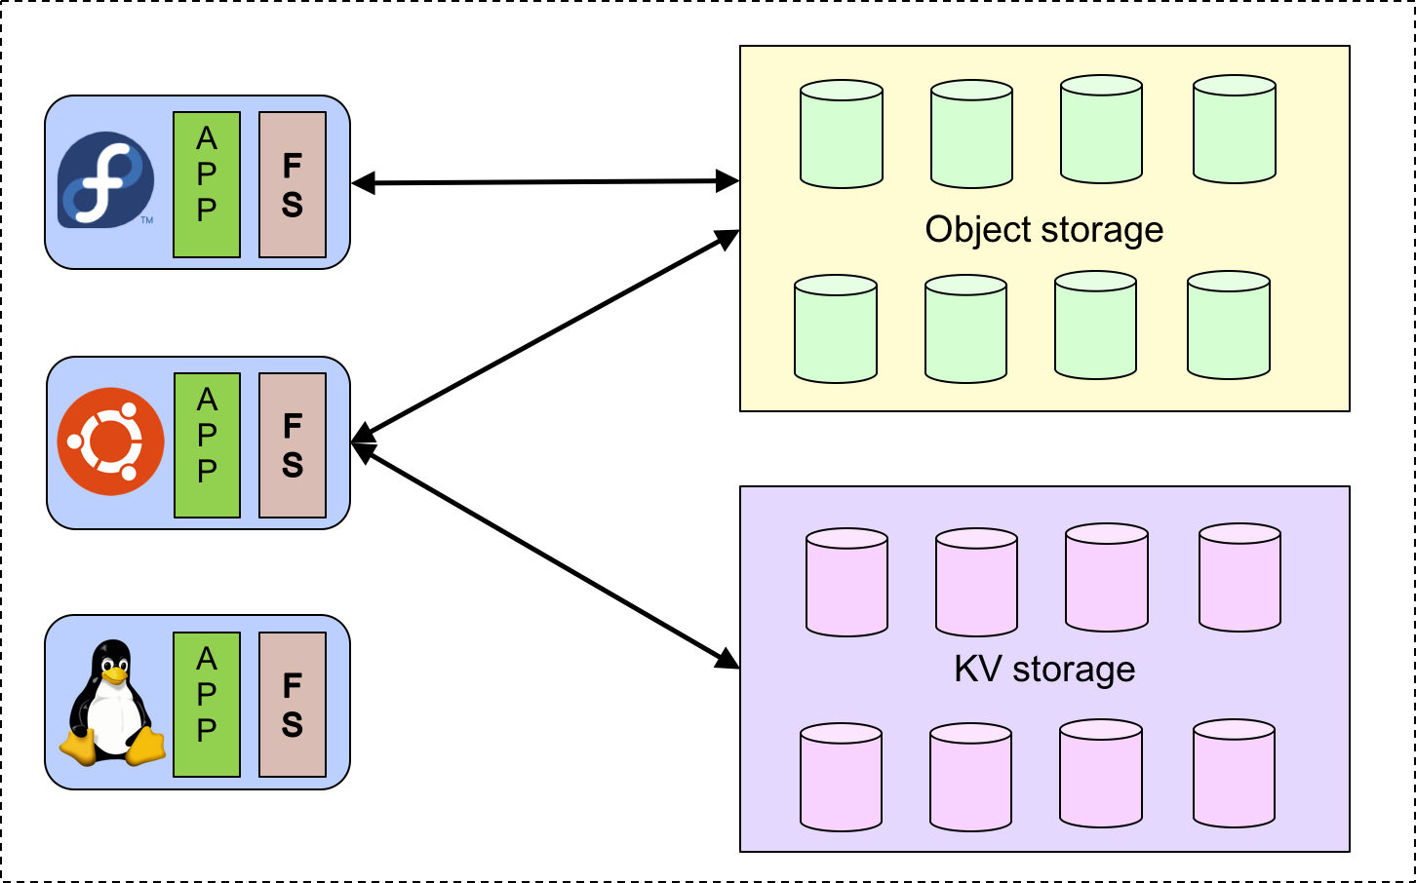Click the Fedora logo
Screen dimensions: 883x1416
click(x=105, y=180)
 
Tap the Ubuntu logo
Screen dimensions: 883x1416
click(x=110, y=441)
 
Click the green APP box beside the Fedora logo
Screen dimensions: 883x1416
click(x=207, y=184)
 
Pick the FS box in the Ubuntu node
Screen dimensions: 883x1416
click(x=293, y=445)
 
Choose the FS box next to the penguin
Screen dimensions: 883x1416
click(x=293, y=705)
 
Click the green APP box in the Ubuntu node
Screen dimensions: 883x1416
click(x=207, y=445)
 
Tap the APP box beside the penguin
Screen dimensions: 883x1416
click(x=207, y=705)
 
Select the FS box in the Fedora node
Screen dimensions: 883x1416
click(x=293, y=184)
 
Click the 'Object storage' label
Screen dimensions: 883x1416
click(x=1043, y=230)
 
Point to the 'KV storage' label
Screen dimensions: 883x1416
click(x=1043, y=670)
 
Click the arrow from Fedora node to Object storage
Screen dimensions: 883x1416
click(x=545, y=182)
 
